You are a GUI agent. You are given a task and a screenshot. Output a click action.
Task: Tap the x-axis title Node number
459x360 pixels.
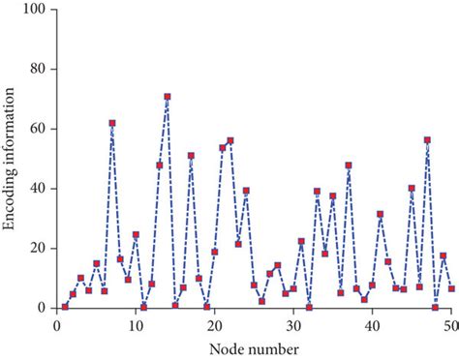[251, 346]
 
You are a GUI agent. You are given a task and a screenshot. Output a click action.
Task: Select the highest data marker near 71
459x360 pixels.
[168, 97]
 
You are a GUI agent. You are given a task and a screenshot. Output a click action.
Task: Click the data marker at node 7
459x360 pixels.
[112, 123]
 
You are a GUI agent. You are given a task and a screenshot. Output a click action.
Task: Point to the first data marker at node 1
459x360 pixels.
[65, 307]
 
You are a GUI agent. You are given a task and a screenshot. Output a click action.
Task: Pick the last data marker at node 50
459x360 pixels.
[451, 288]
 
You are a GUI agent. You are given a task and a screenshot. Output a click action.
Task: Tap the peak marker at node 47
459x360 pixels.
[427, 140]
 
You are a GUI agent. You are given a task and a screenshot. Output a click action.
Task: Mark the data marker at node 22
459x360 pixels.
[230, 140]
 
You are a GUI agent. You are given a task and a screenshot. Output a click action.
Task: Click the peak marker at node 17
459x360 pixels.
[191, 156]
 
